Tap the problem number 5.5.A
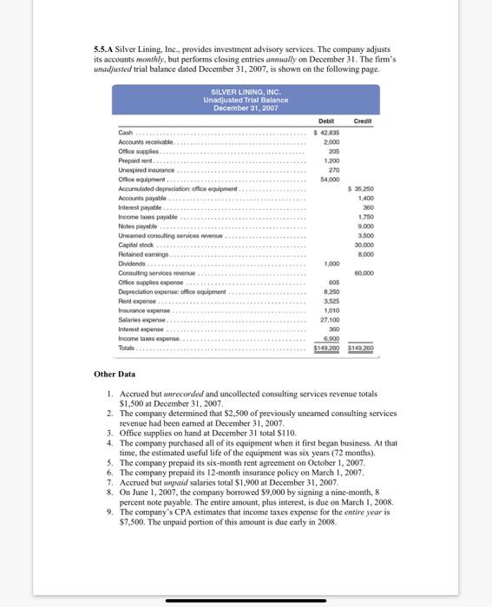pos(105,49)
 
